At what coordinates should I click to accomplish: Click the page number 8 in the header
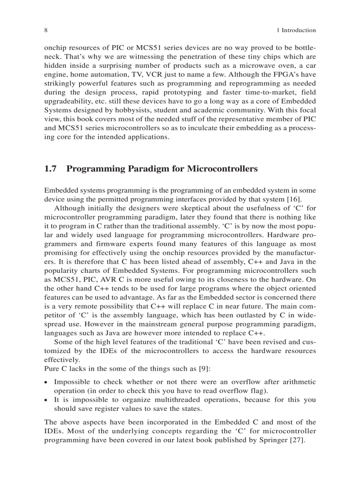(x=46, y=30)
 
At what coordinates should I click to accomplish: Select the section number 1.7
(x=51, y=169)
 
